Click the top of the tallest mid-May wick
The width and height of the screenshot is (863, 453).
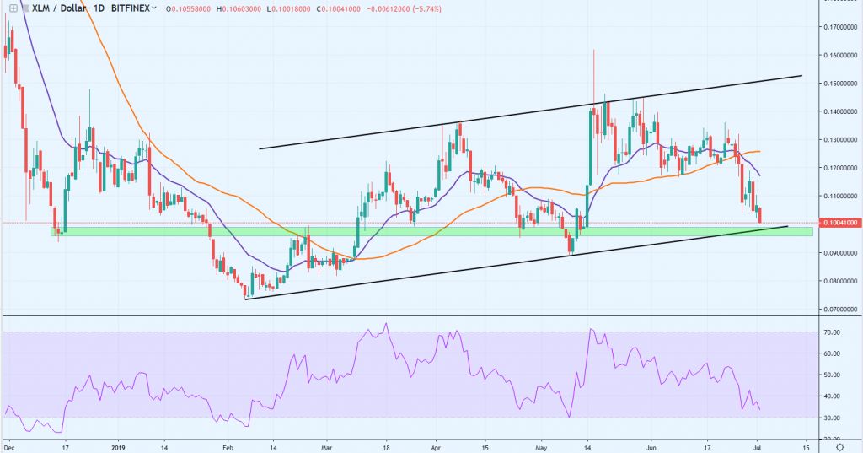[x=594, y=50]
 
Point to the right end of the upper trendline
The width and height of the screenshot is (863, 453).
[x=801, y=76]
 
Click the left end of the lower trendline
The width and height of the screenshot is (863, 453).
[x=245, y=298]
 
